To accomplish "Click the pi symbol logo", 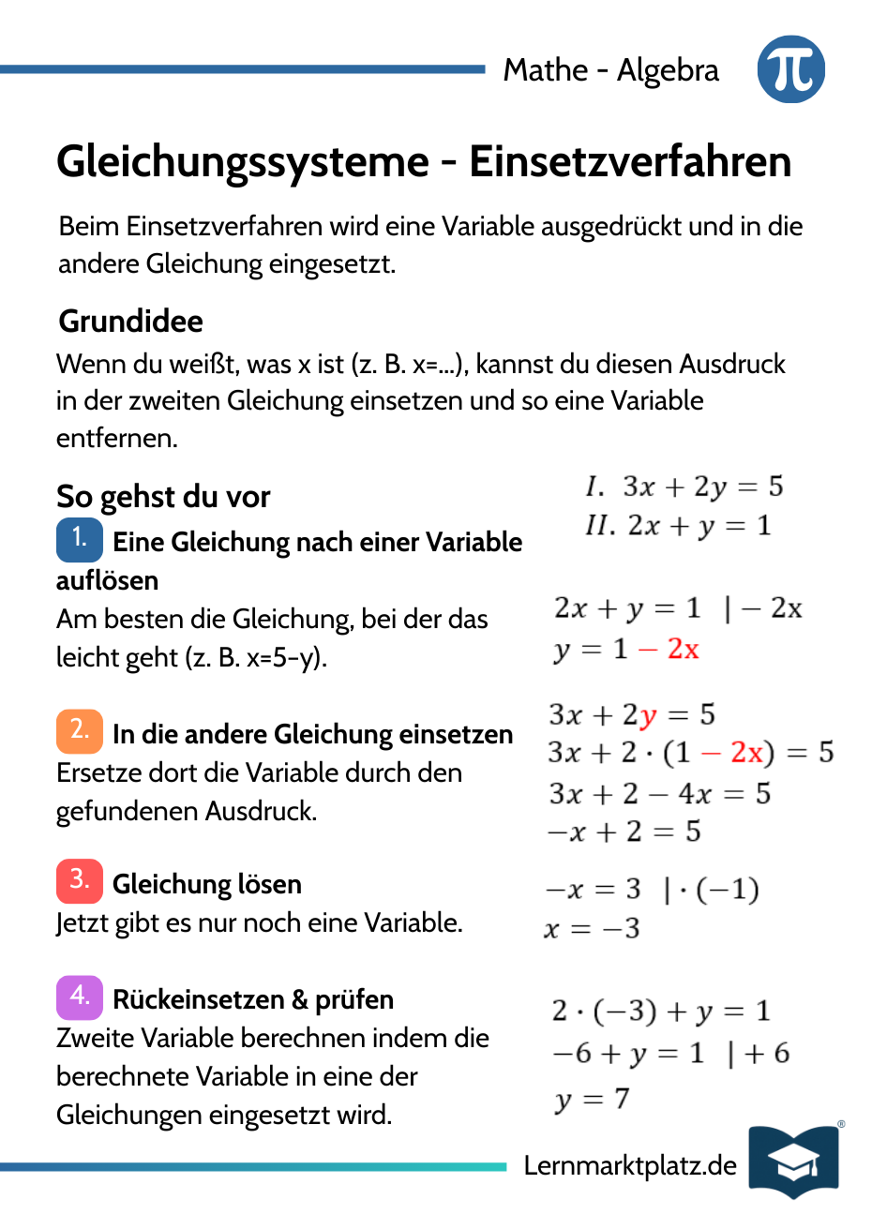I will coord(790,69).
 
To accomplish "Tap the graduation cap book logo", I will coord(793,1162).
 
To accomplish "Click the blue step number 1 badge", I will coord(80,539).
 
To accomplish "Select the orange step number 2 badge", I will coord(80,731).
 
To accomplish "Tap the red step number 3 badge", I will coord(80,881).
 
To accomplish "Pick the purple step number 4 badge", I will coord(80,997).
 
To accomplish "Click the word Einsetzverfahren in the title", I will coord(630,162).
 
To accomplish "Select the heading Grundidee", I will coord(130,322).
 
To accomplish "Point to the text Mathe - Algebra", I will coord(610,70).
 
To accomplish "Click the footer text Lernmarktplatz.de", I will coord(630,1165).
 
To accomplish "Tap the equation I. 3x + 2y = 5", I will coord(684,487).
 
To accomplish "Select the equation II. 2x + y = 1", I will coord(678,526).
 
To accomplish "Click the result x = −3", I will coord(592,929).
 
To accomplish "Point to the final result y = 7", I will coord(592,1099).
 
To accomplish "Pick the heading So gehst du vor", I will coord(163,497).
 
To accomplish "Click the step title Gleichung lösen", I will coord(207,884).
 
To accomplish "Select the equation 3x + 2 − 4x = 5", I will coord(659,794).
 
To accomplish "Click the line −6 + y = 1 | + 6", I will coord(670,1054).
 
